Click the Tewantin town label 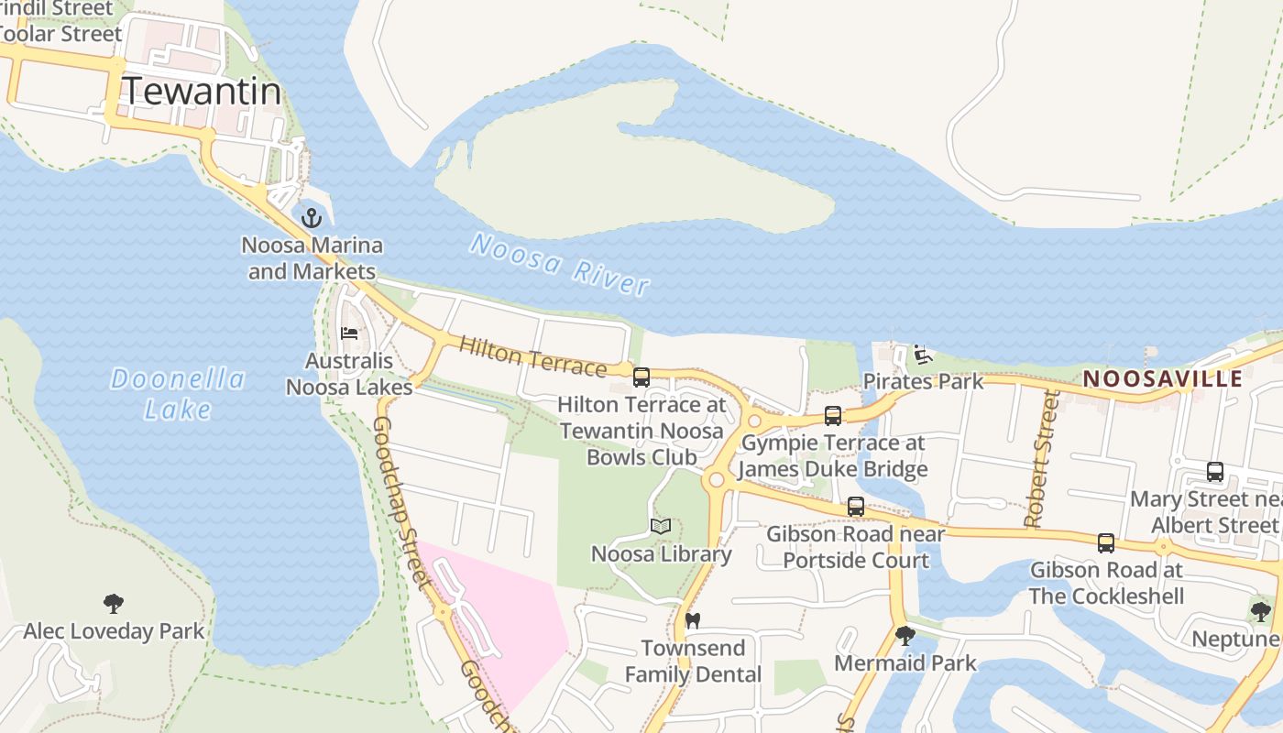click(x=201, y=92)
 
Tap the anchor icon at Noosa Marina click(x=312, y=218)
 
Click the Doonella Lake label click(x=178, y=394)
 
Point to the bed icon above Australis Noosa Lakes click(x=349, y=333)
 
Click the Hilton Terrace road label click(x=532, y=356)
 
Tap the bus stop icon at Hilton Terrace click(x=641, y=377)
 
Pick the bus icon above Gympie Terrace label click(x=832, y=415)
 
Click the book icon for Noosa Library click(x=661, y=526)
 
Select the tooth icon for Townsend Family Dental click(x=693, y=620)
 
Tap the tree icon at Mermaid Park click(x=905, y=635)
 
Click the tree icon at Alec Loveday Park click(x=114, y=603)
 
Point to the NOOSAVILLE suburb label click(x=1163, y=378)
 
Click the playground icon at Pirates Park click(x=923, y=354)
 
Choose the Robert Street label click(x=1039, y=459)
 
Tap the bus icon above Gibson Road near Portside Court click(x=856, y=506)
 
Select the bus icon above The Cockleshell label click(x=1106, y=542)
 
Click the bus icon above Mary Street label click(x=1215, y=472)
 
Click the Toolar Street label click(x=62, y=34)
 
